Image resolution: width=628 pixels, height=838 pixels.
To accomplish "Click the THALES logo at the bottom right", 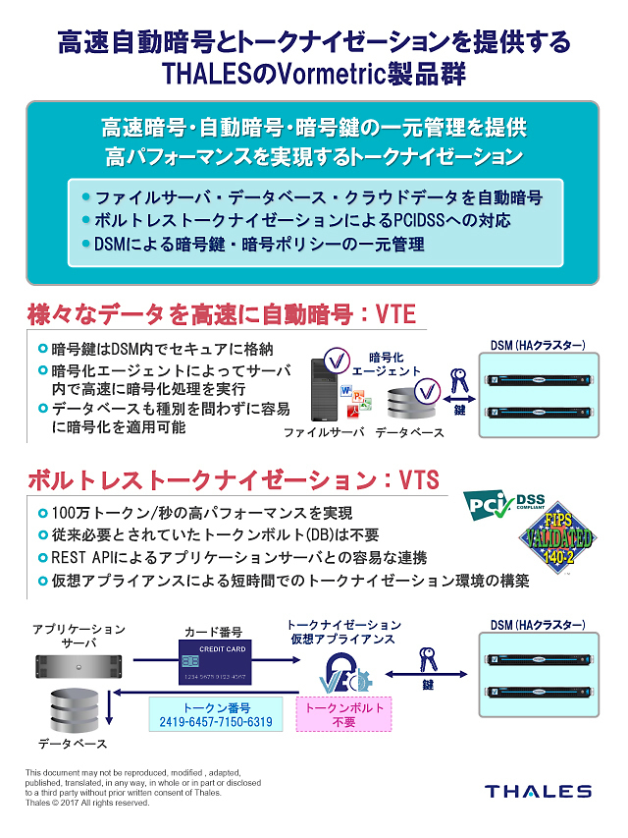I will pyautogui.click(x=539, y=791).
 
